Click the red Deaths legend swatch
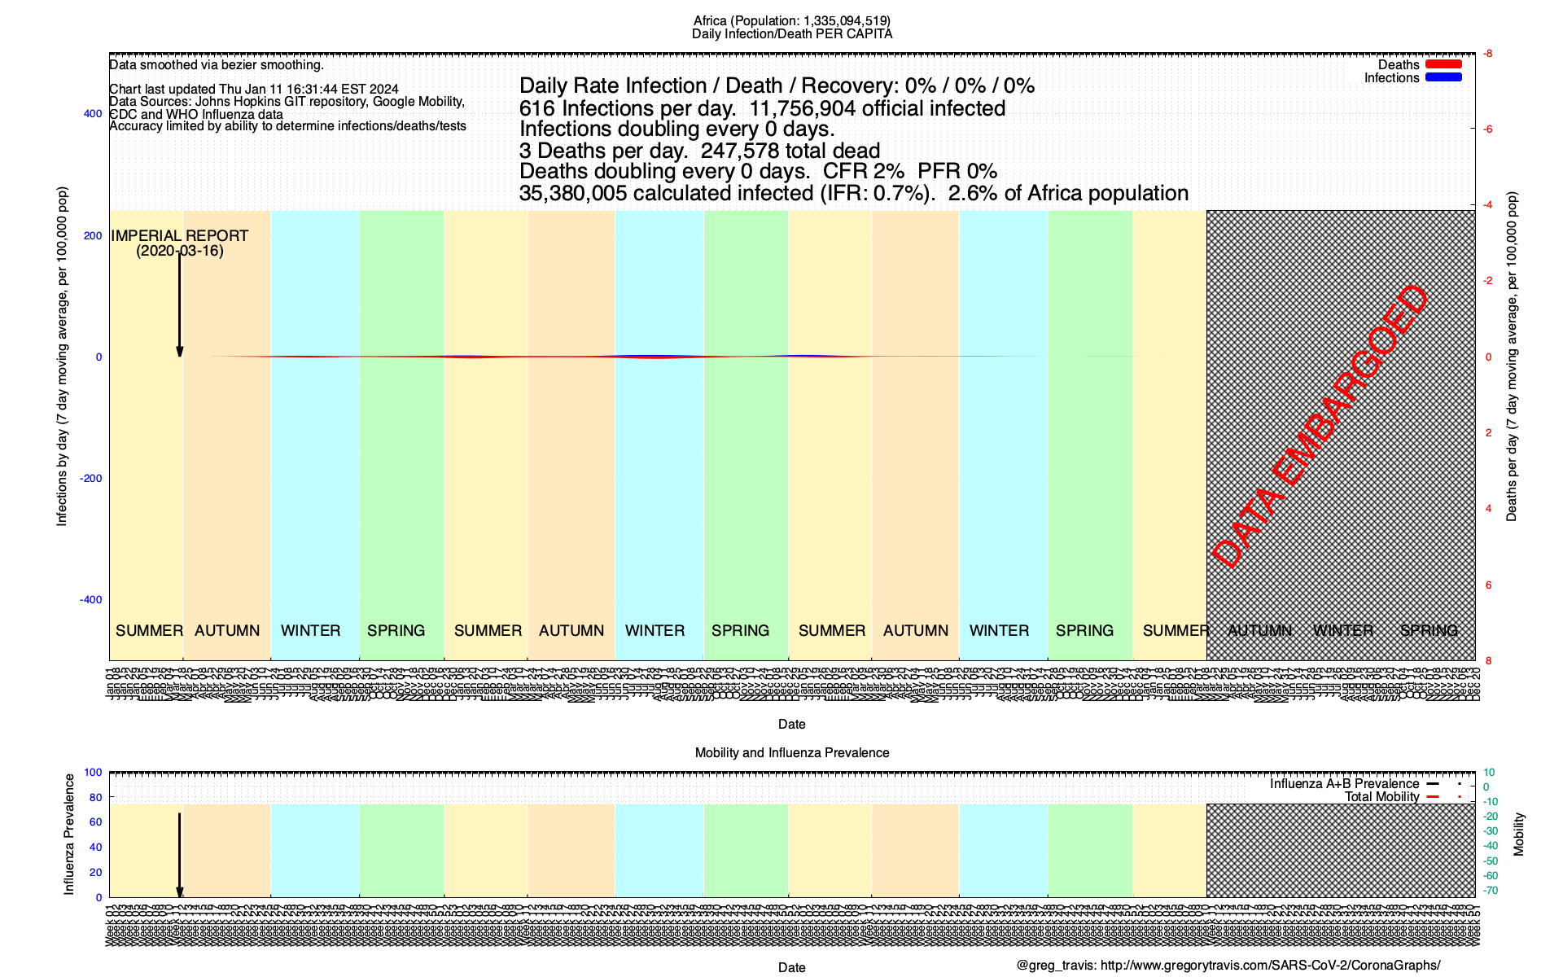point(1443,64)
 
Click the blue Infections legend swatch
point(1443,77)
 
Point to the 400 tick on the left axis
point(93,114)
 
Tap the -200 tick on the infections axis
point(90,478)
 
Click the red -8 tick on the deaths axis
point(1487,54)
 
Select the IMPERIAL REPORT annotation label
point(179,236)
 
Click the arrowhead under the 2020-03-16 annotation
point(180,352)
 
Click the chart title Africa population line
point(791,20)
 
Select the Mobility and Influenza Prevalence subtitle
point(791,753)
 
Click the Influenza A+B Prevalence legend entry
point(1344,784)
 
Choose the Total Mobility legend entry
point(1381,797)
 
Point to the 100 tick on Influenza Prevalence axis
point(93,773)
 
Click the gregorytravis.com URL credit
point(1270,966)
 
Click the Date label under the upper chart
point(791,725)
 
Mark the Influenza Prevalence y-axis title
point(69,835)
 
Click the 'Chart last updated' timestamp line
point(254,90)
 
